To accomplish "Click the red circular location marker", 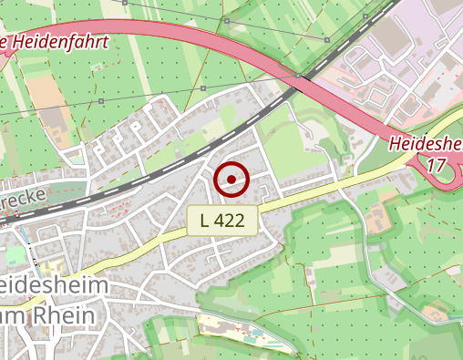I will pyautogui.click(x=231, y=179).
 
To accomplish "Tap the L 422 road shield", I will pyautogui.click(x=222, y=220).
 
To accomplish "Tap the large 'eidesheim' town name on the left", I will pyautogui.click(x=53, y=286).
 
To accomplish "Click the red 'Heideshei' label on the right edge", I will pyautogui.click(x=425, y=144).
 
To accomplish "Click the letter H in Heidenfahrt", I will pyautogui.click(x=19, y=42).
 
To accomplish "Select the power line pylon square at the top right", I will pyautogui.click(x=327, y=40).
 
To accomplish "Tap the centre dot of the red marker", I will pyautogui.click(x=231, y=179).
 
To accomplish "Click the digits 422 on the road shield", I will pyautogui.click(x=231, y=220).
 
